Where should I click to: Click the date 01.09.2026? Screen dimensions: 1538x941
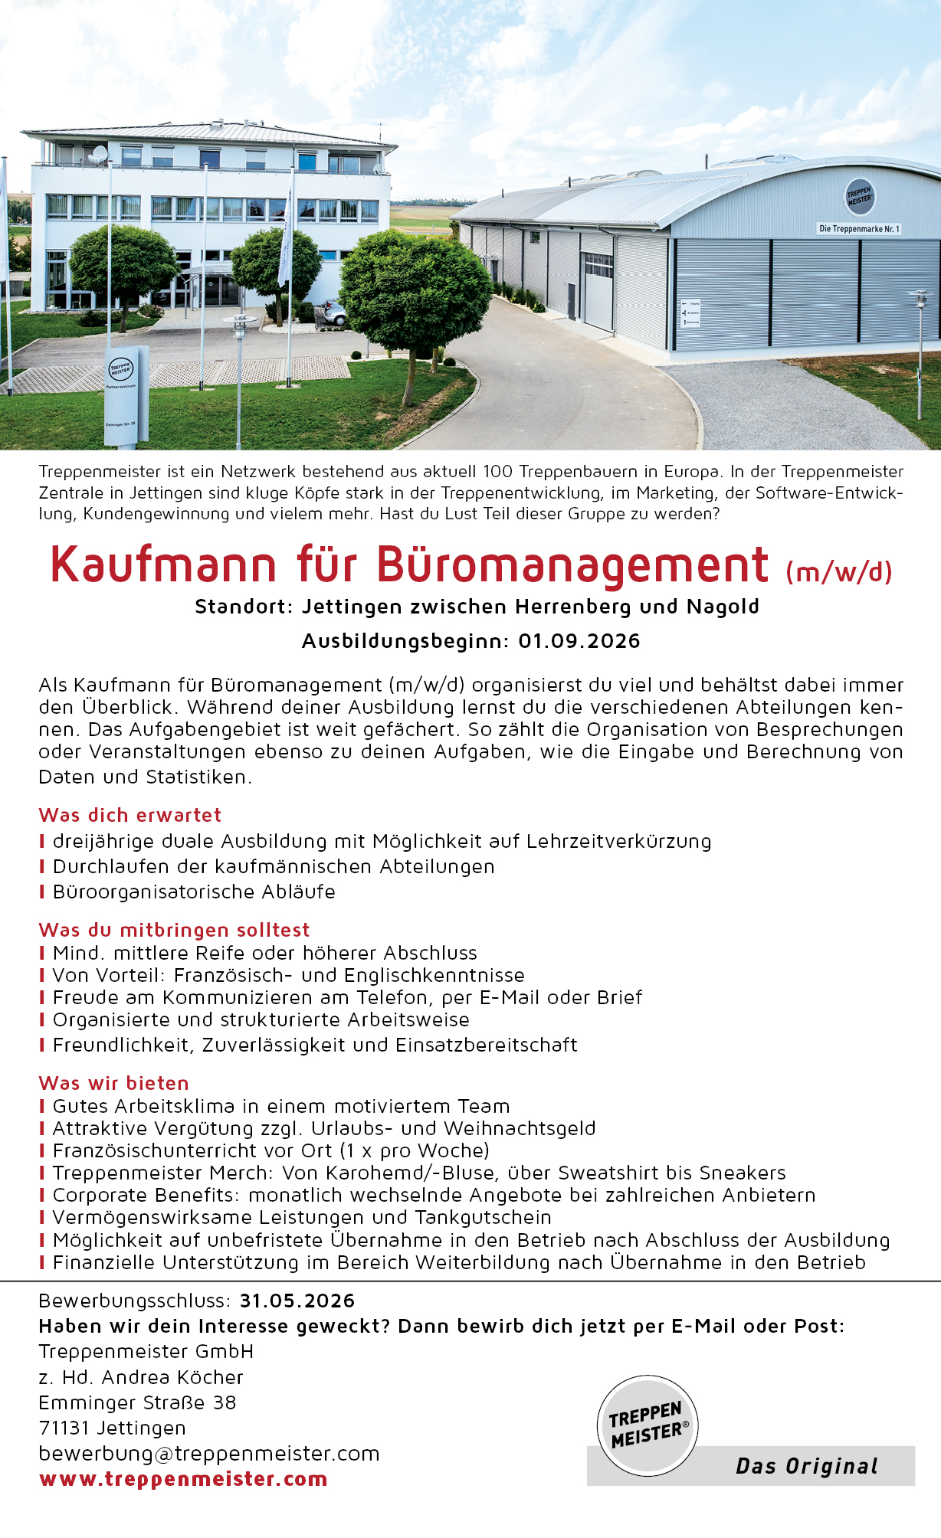point(579,641)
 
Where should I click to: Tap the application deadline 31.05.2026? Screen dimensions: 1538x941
point(297,1301)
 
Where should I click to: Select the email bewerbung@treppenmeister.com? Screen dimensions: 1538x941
point(209,1453)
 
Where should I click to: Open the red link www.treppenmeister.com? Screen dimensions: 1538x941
point(183,1479)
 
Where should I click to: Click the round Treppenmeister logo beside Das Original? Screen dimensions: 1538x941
point(648,1425)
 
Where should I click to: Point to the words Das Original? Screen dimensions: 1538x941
point(806,1466)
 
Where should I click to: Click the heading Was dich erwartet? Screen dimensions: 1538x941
point(130,815)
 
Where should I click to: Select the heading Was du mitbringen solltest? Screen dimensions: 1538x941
point(175,930)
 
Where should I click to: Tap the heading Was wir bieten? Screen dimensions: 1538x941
point(114,1083)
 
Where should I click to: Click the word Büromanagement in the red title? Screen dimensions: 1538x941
point(572,565)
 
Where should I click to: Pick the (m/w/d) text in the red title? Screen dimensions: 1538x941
point(839,571)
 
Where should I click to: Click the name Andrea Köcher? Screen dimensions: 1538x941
point(172,1377)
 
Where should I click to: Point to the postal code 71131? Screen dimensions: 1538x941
point(64,1428)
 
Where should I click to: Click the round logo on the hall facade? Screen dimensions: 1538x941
point(860,197)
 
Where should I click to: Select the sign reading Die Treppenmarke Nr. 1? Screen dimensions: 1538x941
point(859,228)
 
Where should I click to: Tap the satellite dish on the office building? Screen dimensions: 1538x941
point(98,154)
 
